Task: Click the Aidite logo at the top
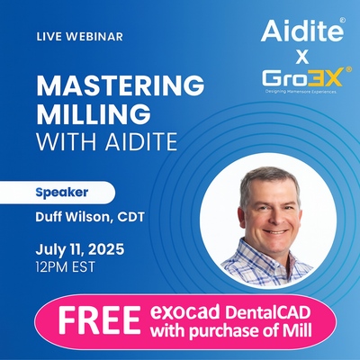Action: [x=302, y=31]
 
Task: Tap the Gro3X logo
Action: [x=302, y=77]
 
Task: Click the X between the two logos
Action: [x=302, y=57]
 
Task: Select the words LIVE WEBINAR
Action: [x=80, y=37]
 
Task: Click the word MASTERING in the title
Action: [x=121, y=85]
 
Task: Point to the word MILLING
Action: [x=94, y=114]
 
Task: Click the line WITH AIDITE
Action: [x=107, y=141]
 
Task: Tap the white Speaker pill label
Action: [x=58, y=193]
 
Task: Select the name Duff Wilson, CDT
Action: [x=90, y=217]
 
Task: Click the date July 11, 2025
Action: [x=80, y=249]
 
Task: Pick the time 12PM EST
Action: [x=66, y=267]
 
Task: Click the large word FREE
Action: [x=100, y=320]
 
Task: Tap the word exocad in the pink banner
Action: [x=185, y=312]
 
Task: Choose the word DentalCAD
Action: [x=267, y=312]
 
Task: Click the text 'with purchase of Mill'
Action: [x=230, y=332]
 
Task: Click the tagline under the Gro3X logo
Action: [x=301, y=92]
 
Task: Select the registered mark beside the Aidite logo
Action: [x=342, y=20]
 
